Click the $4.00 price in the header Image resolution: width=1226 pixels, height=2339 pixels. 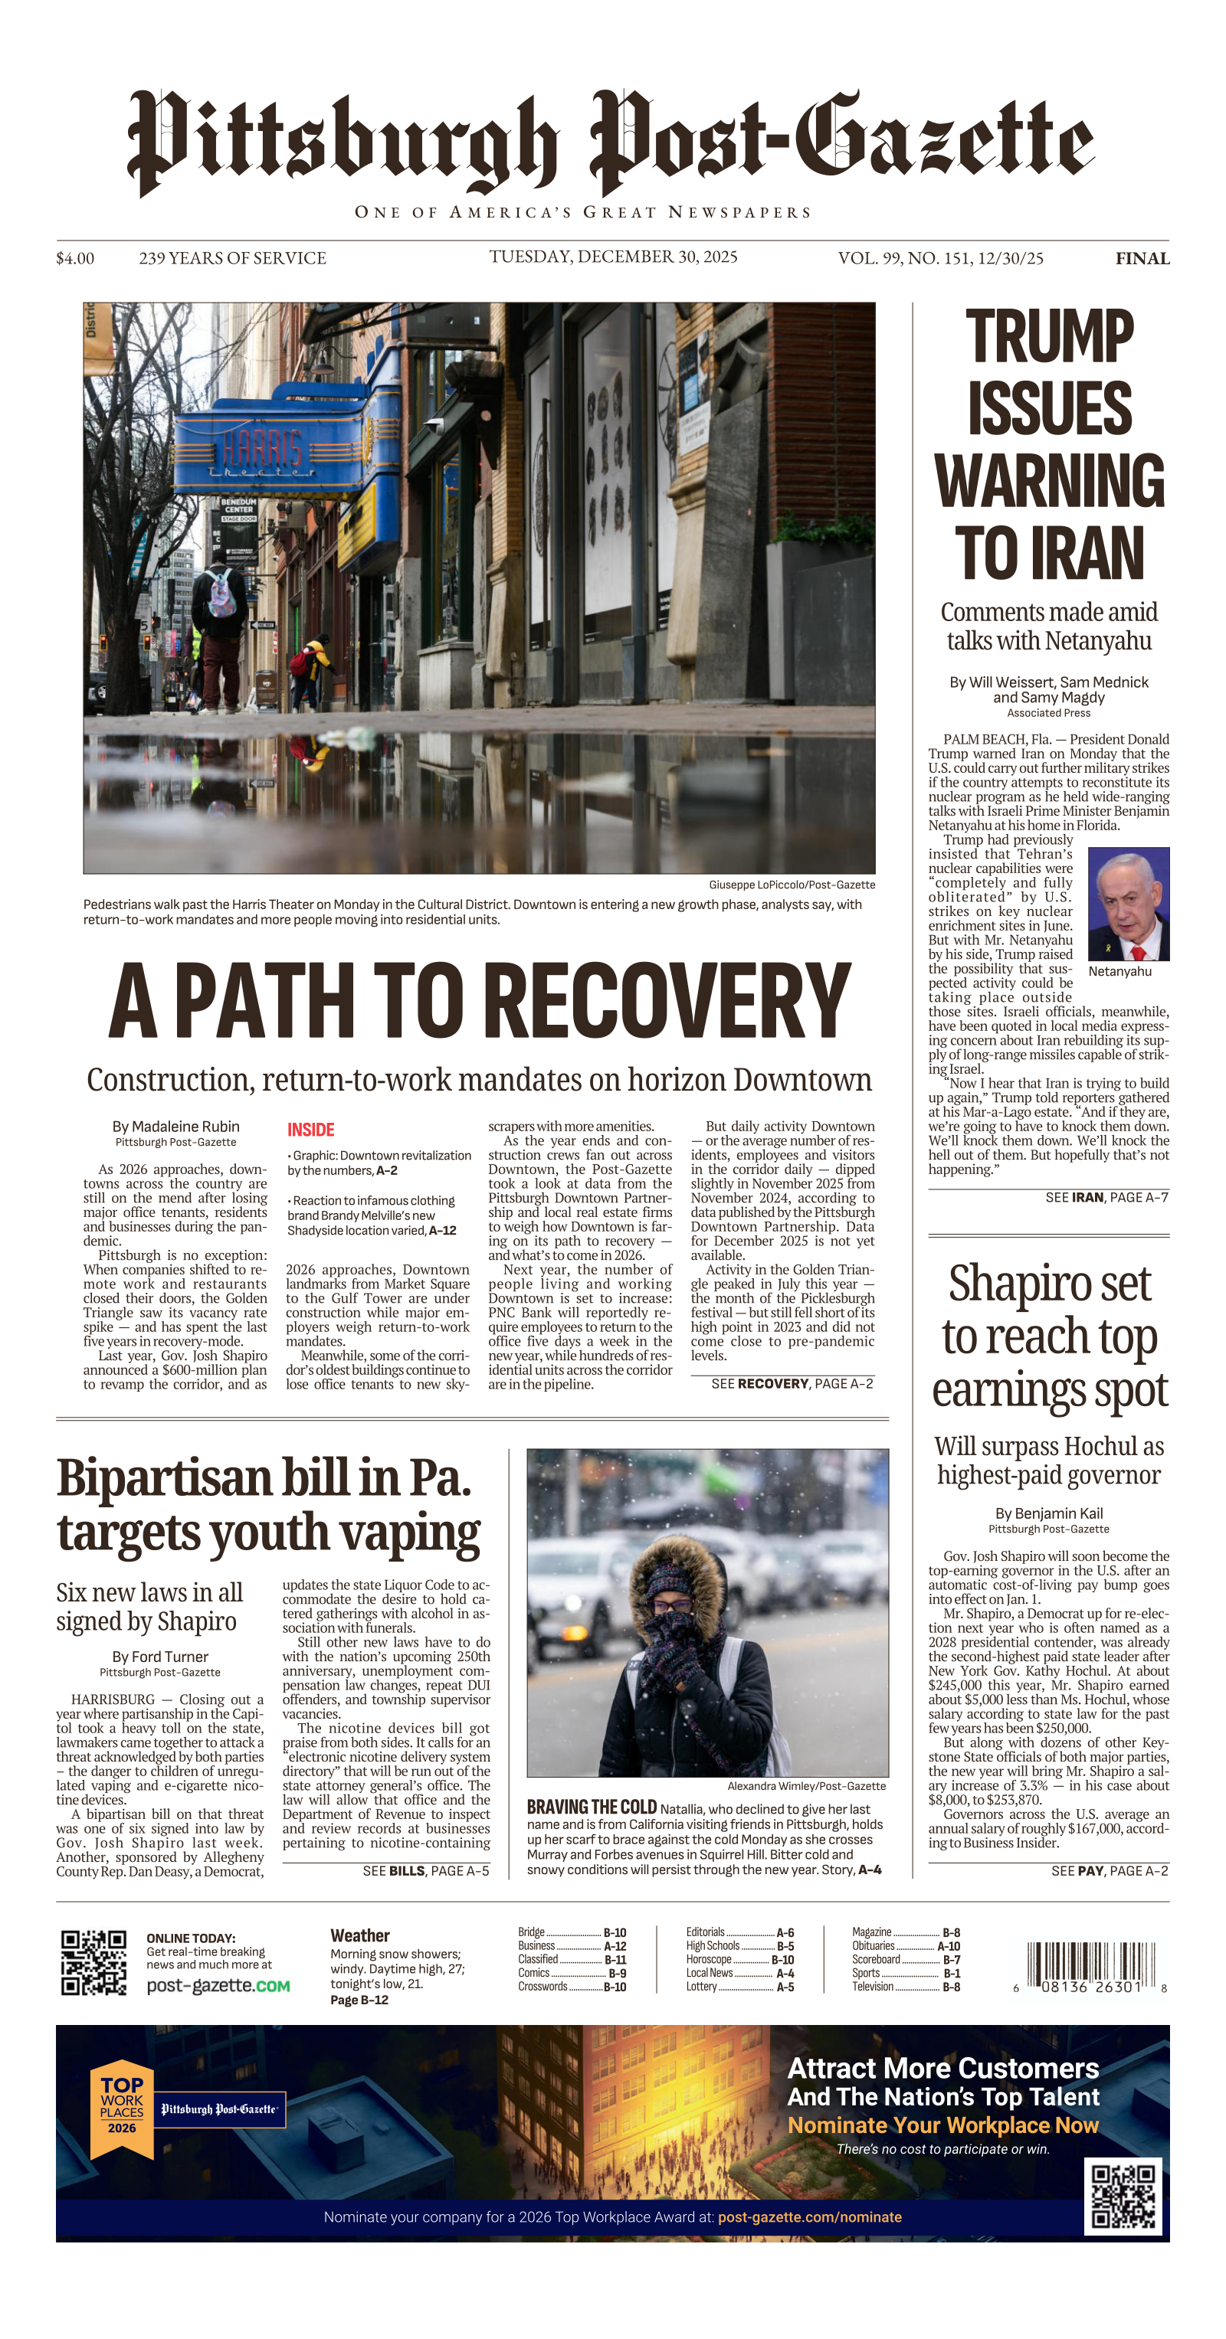pos(74,259)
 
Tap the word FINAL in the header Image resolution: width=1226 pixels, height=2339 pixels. pos(1142,259)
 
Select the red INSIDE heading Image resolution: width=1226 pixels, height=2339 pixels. pos(310,1130)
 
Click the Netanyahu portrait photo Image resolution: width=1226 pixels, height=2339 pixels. pos(1128,904)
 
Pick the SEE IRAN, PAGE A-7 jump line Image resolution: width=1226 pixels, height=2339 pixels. pos(1106,1198)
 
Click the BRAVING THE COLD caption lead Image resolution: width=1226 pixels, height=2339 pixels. pos(592,1807)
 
